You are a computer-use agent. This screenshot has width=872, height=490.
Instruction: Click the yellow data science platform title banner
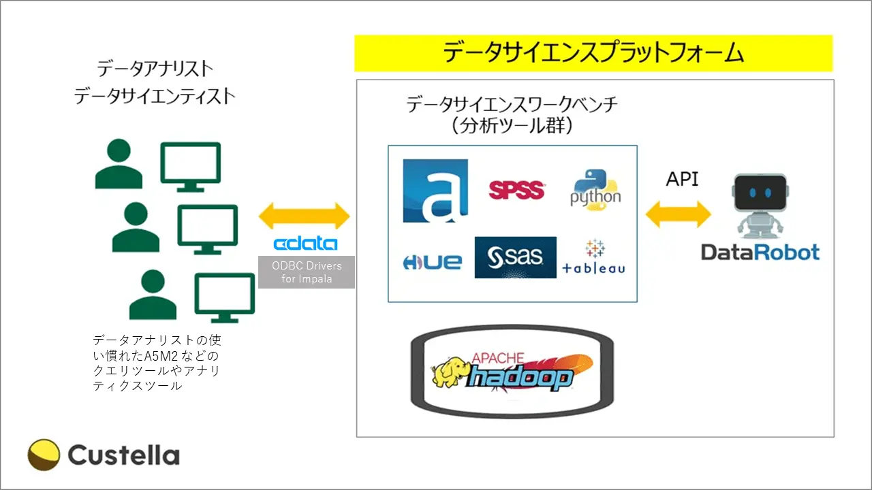coord(593,53)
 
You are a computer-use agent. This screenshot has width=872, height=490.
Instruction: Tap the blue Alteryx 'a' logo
coord(435,191)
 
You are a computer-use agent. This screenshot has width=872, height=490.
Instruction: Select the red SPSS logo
coord(516,190)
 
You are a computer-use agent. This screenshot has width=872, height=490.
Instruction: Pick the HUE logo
coord(433,262)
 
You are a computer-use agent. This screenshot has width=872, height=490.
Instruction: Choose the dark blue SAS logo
coord(515,257)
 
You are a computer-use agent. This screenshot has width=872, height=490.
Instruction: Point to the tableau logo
coord(594,259)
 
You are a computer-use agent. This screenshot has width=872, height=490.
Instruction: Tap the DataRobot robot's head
coord(759,193)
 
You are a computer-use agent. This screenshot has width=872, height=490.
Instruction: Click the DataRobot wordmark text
coord(760,253)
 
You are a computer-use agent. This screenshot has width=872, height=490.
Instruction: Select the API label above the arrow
coord(682,179)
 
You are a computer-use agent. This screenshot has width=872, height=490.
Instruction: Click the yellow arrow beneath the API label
coord(679,215)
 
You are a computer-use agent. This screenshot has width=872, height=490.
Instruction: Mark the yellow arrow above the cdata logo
coord(305,217)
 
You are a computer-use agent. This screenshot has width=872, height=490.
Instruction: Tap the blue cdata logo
coord(305,244)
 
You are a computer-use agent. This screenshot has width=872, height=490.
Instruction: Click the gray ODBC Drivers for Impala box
coord(307,272)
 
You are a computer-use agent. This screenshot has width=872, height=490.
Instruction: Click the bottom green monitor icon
coord(225,297)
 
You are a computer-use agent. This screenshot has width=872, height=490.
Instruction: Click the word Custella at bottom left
coord(123,455)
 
